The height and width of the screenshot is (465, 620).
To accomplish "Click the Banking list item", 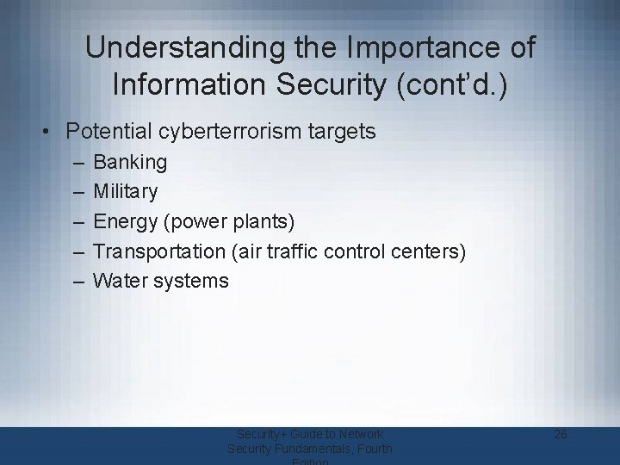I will click(131, 161).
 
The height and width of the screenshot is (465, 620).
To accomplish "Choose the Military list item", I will click(126, 191).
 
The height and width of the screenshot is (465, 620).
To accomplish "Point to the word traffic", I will click(310, 251).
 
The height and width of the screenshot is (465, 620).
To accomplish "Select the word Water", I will click(121, 280).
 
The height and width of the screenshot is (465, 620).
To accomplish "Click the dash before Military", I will click(78, 191).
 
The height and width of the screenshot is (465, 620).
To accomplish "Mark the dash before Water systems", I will click(78, 280).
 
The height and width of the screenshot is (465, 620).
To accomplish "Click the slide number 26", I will click(560, 434).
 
